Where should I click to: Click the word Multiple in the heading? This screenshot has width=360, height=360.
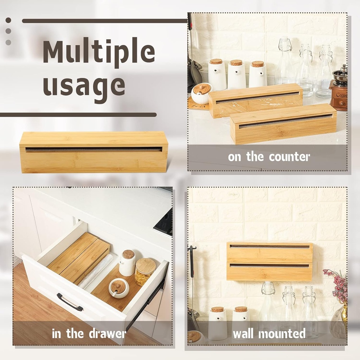click(x=99, y=53)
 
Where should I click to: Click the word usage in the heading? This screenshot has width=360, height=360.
click(x=84, y=85)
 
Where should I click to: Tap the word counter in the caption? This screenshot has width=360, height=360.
click(x=289, y=157)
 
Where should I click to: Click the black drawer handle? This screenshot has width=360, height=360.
click(x=70, y=302)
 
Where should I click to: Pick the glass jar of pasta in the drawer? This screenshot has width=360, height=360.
click(x=145, y=271)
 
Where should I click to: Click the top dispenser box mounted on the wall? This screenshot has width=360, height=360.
click(x=270, y=252)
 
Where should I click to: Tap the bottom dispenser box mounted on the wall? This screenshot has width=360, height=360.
click(x=270, y=271)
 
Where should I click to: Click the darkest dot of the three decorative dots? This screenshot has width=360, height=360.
click(x=8, y=20)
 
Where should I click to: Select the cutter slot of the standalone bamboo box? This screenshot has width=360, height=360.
click(x=94, y=149)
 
